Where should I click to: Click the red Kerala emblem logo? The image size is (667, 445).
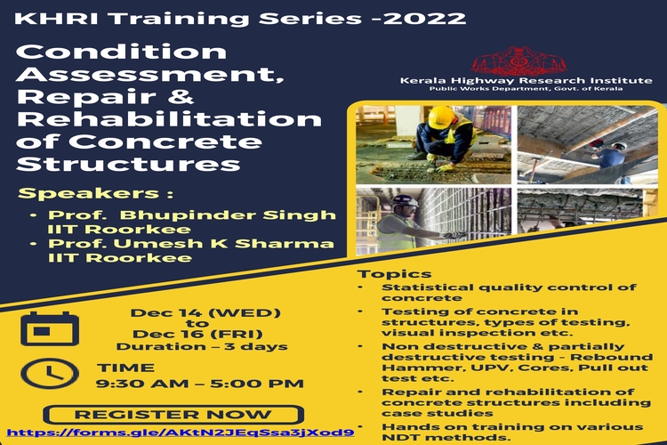(518, 61)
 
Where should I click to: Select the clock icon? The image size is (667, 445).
(50, 374)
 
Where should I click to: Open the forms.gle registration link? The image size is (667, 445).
(181, 433)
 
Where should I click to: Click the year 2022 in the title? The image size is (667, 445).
(424, 19)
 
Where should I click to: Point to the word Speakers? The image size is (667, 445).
(88, 193)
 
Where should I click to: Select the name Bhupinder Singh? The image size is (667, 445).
(228, 215)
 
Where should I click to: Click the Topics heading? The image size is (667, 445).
(394, 274)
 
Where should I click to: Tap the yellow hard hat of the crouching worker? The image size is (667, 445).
(441, 117)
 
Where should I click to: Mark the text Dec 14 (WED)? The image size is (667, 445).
(205, 313)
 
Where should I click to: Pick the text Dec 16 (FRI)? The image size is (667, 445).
(197, 335)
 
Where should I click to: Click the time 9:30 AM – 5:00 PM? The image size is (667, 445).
(200, 384)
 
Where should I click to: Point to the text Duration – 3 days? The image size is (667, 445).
(202, 346)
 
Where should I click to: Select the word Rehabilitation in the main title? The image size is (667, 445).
(169, 119)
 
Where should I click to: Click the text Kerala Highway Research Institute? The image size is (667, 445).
(526, 80)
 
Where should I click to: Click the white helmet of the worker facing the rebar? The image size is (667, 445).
(404, 201)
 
